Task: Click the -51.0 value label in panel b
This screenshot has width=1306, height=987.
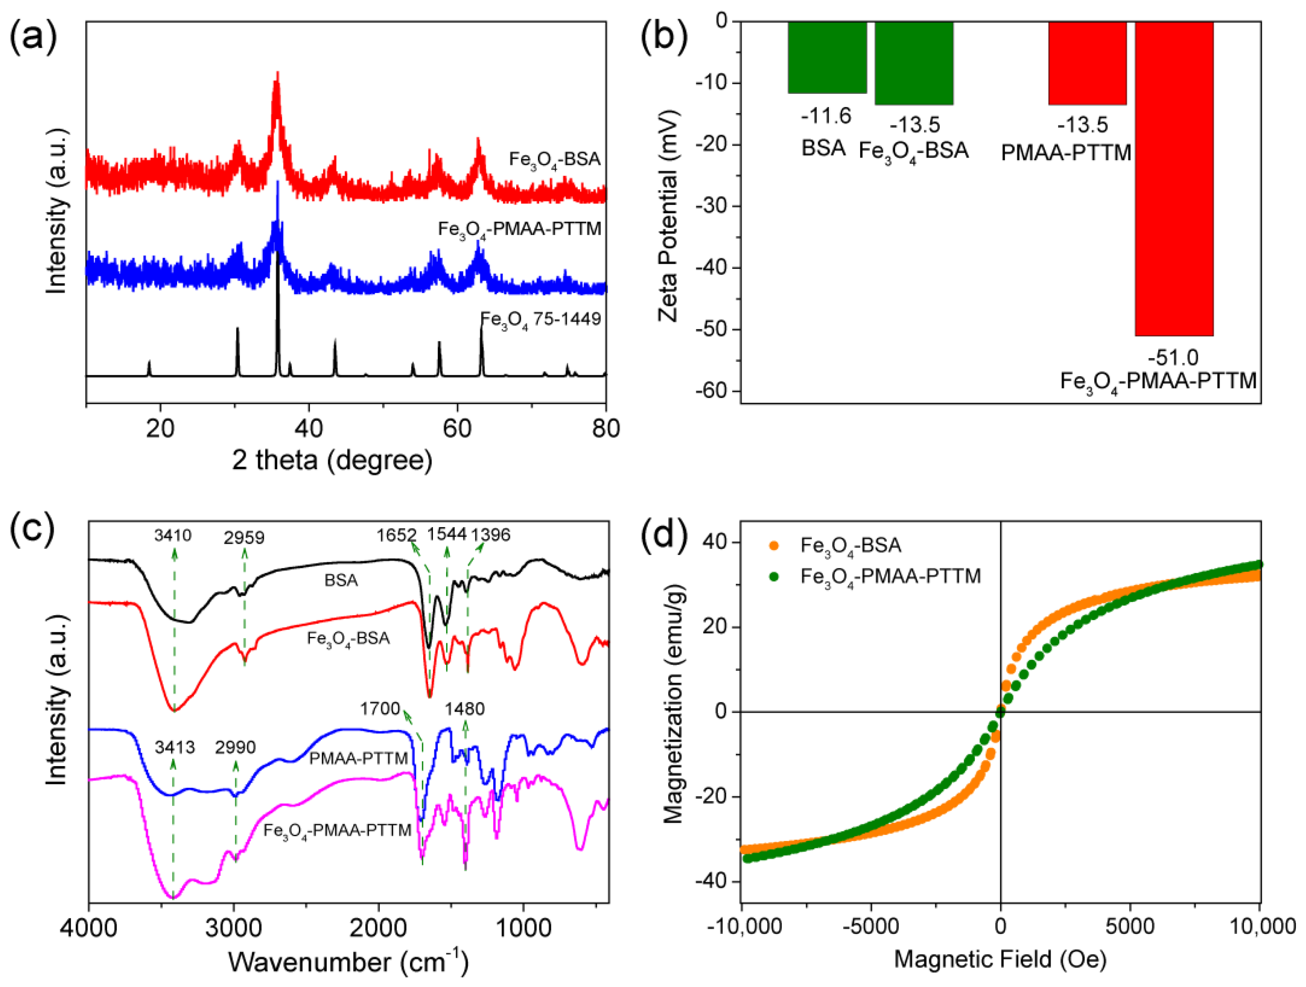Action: coord(1173,358)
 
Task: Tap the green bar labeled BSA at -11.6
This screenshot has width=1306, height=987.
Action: coord(827,57)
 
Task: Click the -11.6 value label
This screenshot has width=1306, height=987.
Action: coord(826,116)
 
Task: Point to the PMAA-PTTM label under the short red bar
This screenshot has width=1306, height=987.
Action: coord(1066,153)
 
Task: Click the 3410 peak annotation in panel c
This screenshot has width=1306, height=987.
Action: coord(173,536)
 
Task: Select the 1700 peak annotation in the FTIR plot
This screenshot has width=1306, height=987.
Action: coord(380,708)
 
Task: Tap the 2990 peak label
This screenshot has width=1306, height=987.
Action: coord(235,748)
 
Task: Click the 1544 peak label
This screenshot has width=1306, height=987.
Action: coord(447,534)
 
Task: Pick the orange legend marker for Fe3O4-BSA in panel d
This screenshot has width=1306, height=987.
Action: coord(774,545)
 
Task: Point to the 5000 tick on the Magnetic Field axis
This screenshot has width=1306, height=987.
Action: coord(1130,926)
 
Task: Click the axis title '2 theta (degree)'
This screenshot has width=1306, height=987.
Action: coord(332,460)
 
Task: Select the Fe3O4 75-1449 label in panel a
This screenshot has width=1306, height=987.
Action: coord(540,320)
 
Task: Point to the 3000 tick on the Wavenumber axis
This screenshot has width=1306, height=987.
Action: coord(234,928)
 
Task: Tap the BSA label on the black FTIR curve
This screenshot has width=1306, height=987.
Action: coord(341,580)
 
